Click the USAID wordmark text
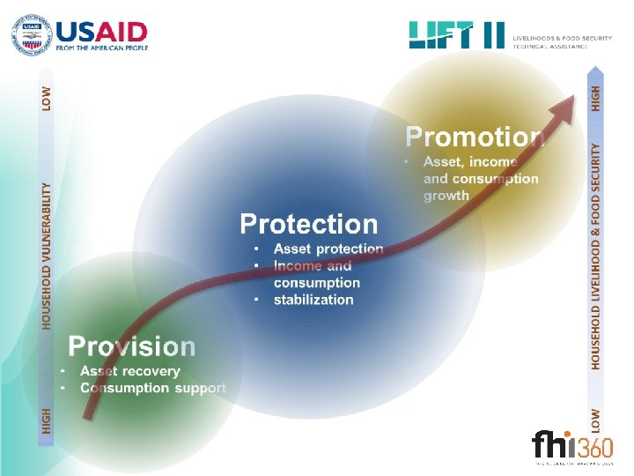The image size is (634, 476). [x=102, y=31]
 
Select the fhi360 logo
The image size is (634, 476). [x=571, y=445]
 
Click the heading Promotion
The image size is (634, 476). [x=475, y=137]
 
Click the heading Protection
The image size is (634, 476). [x=308, y=224]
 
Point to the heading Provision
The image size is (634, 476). [x=132, y=346]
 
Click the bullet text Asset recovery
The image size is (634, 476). [x=130, y=372]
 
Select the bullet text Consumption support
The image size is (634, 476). [x=153, y=388]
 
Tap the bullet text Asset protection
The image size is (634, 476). [x=328, y=249]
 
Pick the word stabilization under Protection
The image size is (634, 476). [x=313, y=300]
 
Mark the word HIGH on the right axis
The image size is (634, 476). [x=596, y=97]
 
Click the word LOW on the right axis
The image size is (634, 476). [x=596, y=419]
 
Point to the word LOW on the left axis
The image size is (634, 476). [x=47, y=97]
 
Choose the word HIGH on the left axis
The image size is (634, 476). [x=47, y=419]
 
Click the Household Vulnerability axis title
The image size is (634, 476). [x=47, y=256]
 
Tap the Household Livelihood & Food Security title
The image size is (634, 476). [x=596, y=256]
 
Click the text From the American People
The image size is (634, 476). [x=102, y=48]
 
